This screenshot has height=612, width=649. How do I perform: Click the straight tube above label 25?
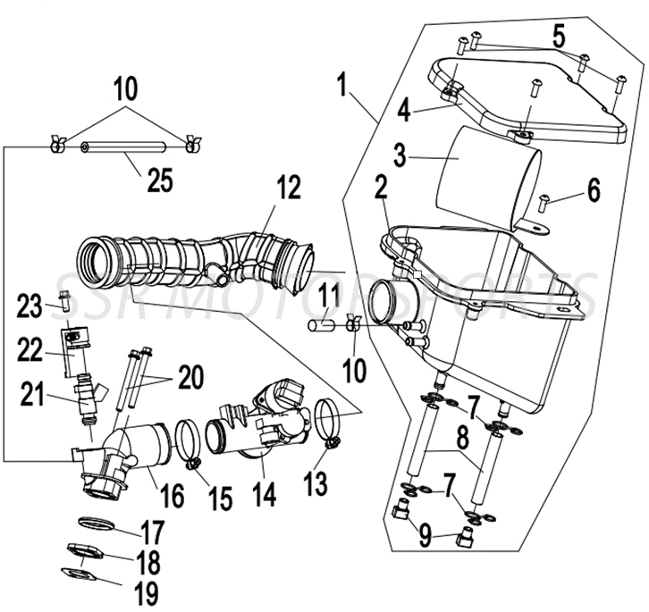(x=126, y=147)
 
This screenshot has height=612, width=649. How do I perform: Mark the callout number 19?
(x=146, y=591)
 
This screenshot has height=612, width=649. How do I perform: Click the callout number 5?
(x=558, y=37)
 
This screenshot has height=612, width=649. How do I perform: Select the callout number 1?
(x=341, y=87)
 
